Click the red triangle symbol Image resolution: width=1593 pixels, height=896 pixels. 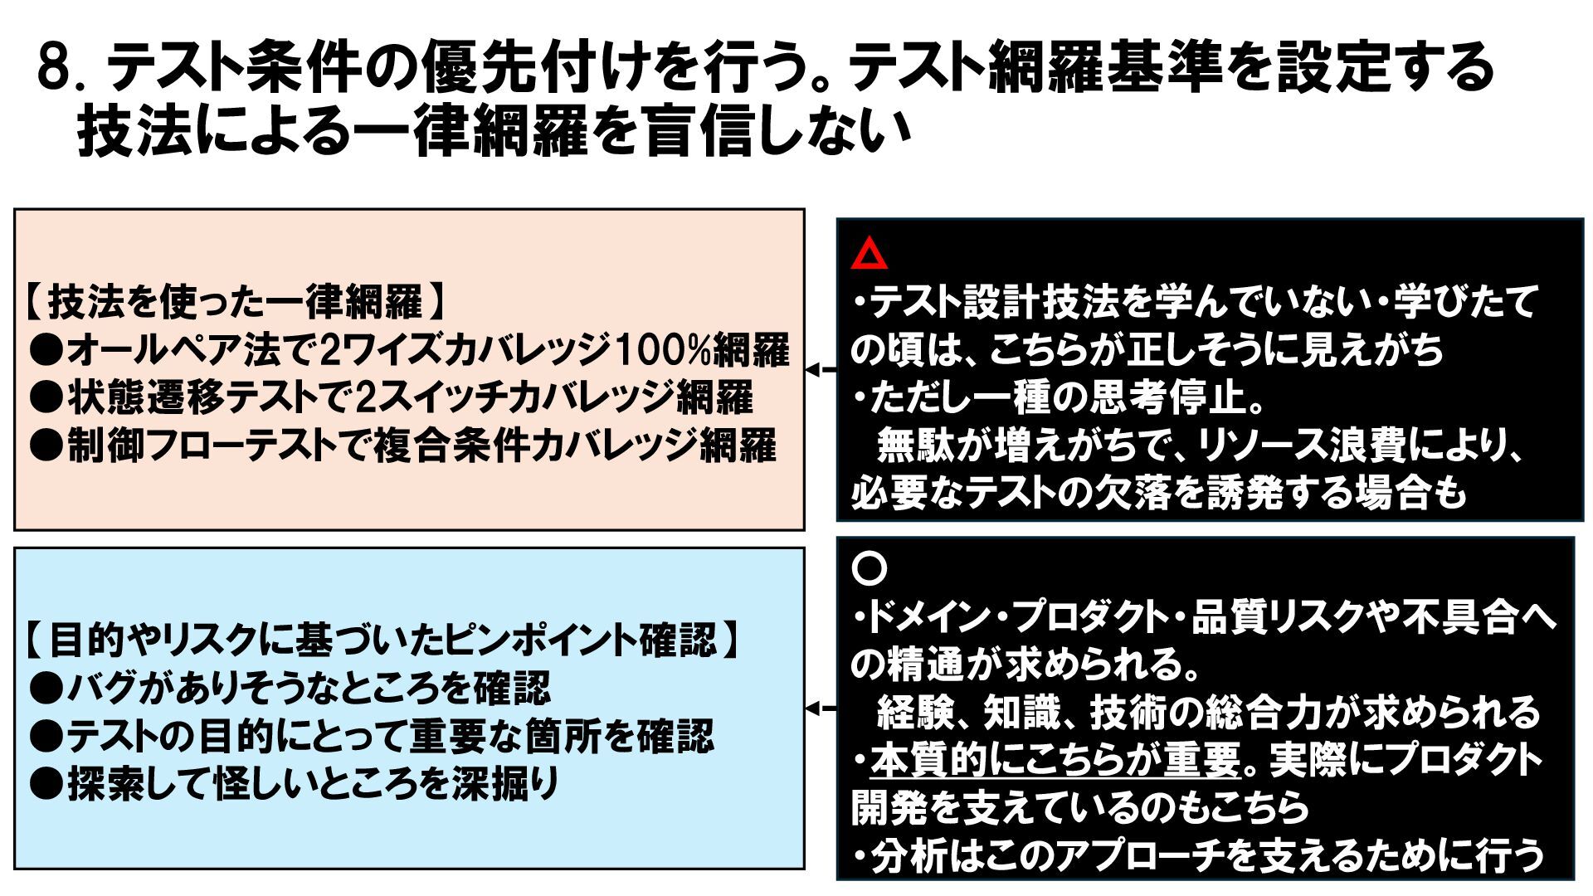tap(869, 255)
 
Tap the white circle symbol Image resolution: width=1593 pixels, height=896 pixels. tap(870, 568)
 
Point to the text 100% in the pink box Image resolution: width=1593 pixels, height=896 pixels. tap(668, 350)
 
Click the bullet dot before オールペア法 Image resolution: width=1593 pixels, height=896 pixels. tap(46, 351)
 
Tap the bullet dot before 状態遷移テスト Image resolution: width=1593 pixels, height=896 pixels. tap(46, 399)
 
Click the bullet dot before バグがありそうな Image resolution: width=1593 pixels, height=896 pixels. tap(46, 688)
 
